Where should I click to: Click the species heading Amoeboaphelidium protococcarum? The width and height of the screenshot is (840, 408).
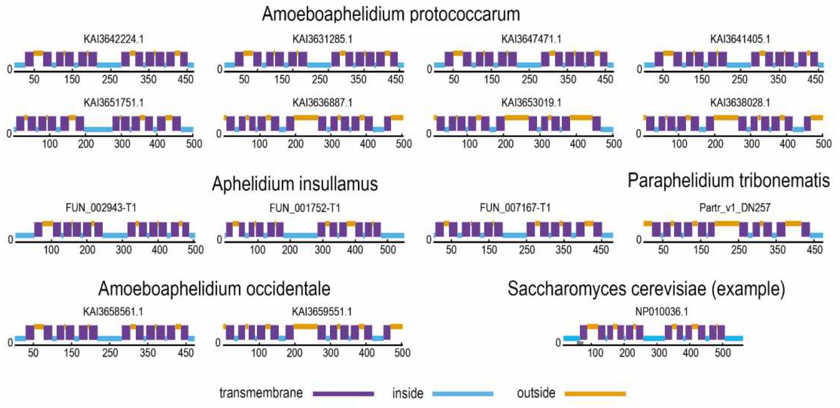point(391,14)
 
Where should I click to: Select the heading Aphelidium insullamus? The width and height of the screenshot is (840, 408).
point(295,184)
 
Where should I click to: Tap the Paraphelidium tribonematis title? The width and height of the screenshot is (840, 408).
point(728,181)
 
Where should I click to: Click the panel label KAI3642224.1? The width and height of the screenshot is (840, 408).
point(114,39)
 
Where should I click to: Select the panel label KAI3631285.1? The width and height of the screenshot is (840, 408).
point(322,39)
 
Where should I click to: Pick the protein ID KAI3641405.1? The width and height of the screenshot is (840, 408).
point(740,39)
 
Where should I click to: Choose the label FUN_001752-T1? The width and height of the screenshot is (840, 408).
point(305,208)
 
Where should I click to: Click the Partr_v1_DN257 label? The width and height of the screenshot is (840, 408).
point(735,208)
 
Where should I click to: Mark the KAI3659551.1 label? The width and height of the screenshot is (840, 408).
point(322,312)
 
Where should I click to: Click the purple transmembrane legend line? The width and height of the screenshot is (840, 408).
point(343,394)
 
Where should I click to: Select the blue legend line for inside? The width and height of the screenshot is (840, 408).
point(462,394)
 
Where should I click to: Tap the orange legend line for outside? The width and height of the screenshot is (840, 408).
point(595,394)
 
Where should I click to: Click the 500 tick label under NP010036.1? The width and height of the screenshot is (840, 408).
point(722,353)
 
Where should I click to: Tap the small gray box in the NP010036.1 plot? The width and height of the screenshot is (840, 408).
point(580,343)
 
